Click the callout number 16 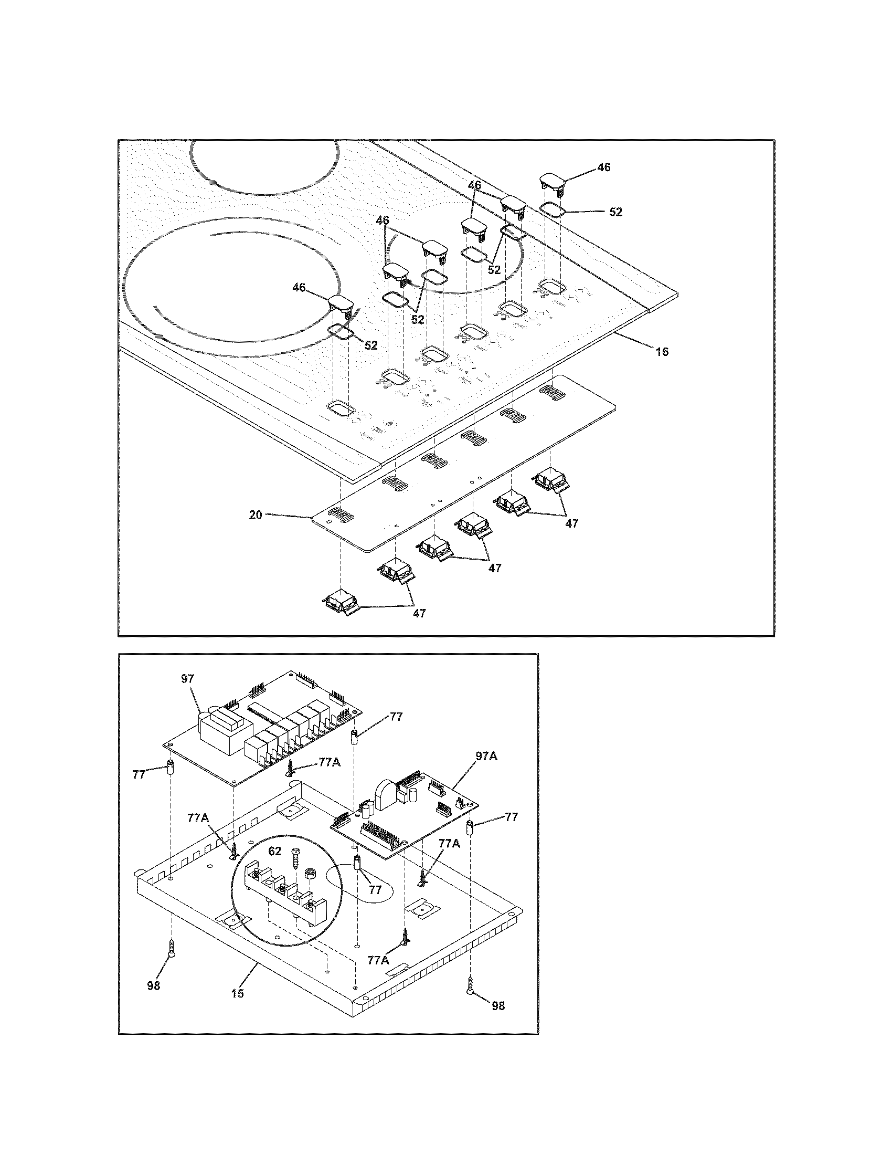tap(662, 352)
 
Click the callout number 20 tap(256, 514)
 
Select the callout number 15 tap(238, 993)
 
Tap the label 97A tap(486, 757)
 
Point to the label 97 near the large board tap(188, 679)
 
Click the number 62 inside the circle tap(274, 852)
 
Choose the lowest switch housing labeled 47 tap(341, 603)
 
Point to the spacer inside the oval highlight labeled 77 tap(358, 864)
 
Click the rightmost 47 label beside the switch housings tap(571, 523)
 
